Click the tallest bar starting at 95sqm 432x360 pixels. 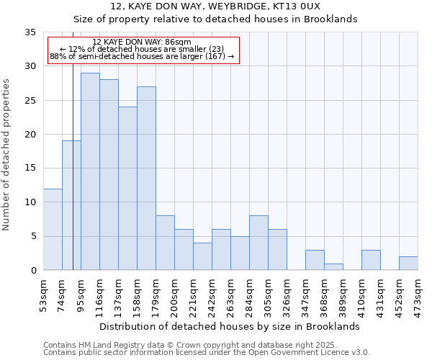(90, 171)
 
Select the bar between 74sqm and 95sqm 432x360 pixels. (71, 205)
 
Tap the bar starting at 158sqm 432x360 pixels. (146, 178)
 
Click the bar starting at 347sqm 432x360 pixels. (315, 260)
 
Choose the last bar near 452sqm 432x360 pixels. (408, 264)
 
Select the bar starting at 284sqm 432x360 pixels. (258, 243)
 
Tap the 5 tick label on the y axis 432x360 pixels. (33, 236)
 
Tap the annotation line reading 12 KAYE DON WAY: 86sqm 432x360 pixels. (143, 42)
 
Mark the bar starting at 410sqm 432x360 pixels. (371, 260)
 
